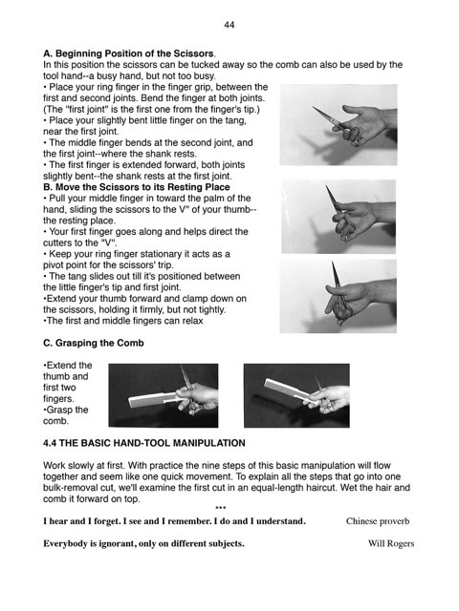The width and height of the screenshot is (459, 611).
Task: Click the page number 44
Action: click(x=229, y=25)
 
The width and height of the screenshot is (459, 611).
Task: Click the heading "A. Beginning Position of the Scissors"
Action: click(x=128, y=53)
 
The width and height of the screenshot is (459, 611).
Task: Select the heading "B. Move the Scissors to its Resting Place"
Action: click(x=136, y=187)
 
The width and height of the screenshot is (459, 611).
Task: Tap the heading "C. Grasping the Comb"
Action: click(x=94, y=343)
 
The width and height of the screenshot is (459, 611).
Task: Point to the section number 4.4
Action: click(x=50, y=443)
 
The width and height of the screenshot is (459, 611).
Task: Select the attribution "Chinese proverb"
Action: click(x=378, y=521)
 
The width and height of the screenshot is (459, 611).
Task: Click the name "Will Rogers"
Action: click(x=391, y=543)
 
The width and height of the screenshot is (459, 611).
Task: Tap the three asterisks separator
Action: click(x=221, y=508)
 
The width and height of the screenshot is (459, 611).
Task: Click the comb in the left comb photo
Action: click(x=154, y=399)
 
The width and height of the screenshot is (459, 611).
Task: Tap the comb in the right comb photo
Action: click(x=290, y=390)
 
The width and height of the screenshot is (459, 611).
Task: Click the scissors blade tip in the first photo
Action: click(x=313, y=107)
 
